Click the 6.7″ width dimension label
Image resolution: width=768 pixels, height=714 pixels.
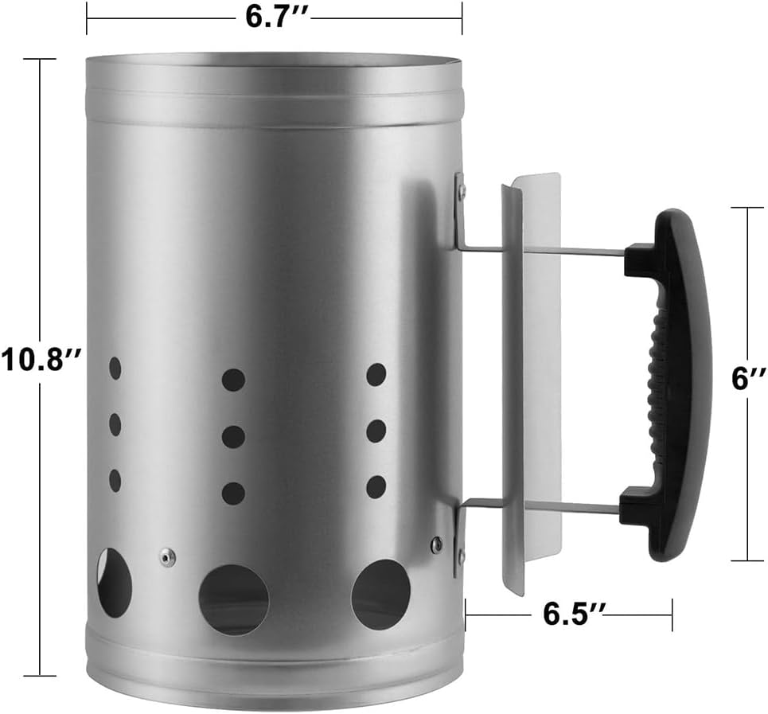pos(274,18)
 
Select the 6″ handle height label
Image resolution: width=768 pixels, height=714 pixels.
pos(748,379)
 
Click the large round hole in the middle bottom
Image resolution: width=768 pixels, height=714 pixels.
pos(234,599)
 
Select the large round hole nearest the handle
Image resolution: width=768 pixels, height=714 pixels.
pos(381,594)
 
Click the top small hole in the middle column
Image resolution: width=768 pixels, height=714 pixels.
pos(233,380)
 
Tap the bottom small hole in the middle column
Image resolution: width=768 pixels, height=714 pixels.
pos(233,494)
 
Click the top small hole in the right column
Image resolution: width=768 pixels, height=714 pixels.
pos(376,374)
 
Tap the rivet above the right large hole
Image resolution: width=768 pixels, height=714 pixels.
pos(436,544)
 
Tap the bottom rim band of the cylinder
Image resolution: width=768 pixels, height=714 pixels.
pos(274,677)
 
